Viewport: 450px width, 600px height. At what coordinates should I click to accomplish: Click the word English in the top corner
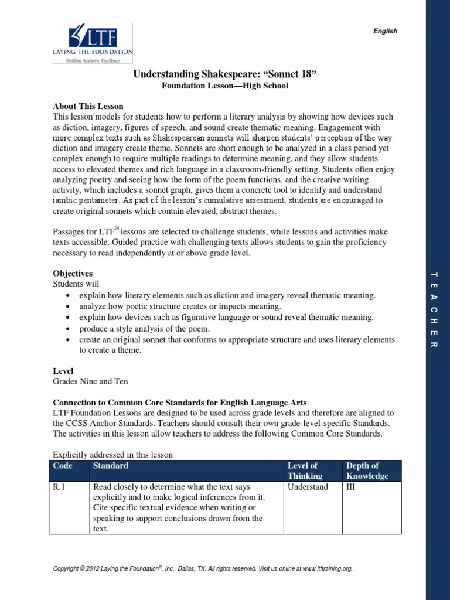point(386,31)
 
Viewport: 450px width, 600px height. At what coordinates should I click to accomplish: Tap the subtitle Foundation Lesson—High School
point(225,86)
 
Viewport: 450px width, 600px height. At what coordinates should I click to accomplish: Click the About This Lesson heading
point(88,106)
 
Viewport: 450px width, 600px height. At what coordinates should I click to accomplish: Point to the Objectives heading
point(73,274)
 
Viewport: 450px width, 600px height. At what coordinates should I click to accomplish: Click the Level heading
point(63,371)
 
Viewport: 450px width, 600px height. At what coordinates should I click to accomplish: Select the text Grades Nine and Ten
point(90,381)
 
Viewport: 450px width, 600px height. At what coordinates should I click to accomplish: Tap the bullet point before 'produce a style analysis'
point(69,329)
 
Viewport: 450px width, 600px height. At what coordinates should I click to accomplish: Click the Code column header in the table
point(62,466)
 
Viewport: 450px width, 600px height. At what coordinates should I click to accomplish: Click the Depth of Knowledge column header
point(367,471)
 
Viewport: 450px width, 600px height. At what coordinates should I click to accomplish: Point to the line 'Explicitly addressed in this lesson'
point(112,454)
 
